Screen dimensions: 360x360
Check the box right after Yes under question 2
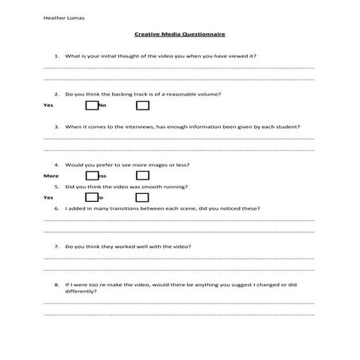[x=91, y=105]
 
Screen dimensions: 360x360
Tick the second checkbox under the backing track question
[x=142, y=105]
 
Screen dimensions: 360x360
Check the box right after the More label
[x=91, y=175]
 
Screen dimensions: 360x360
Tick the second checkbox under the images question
[x=142, y=175]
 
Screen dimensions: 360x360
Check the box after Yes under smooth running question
[x=91, y=196]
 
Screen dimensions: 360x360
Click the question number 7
[x=56, y=246]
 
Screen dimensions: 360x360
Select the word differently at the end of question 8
[x=81, y=291]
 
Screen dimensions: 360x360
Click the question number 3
[x=56, y=126]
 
